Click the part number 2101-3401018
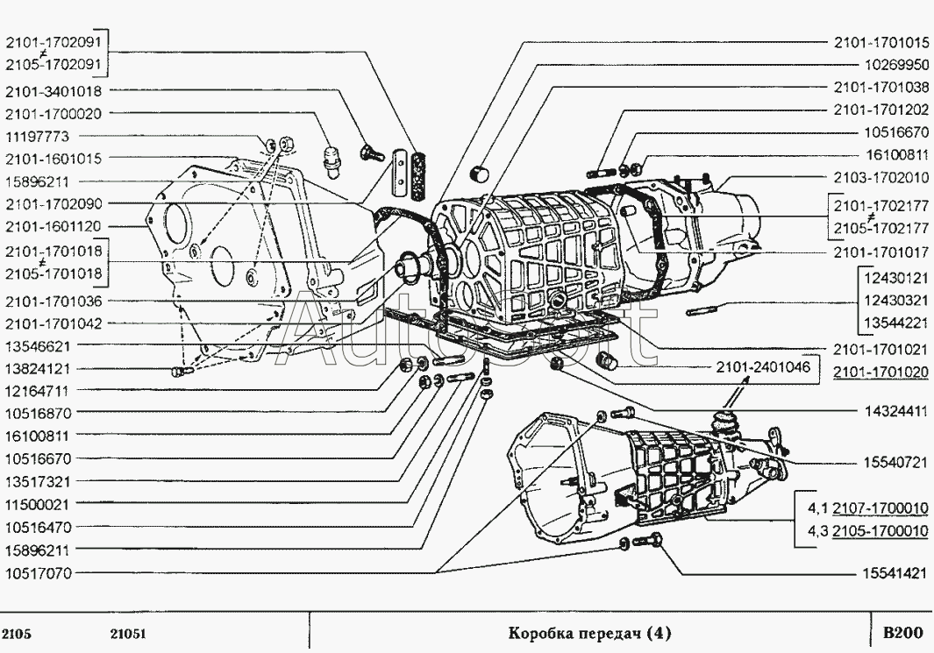pyautogui.click(x=53, y=90)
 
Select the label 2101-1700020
pyautogui.click(x=53, y=113)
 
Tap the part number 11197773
pyautogui.click(x=42, y=136)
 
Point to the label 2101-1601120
pyautogui.click(x=53, y=226)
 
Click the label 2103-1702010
pyautogui.click(x=880, y=177)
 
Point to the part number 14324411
pyautogui.click(x=894, y=410)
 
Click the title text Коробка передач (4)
pyautogui.click(x=590, y=632)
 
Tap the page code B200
pyautogui.click(x=902, y=632)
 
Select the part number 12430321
pyautogui.click(x=894, y=300)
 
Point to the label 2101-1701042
pyautogui.click(x=53, y=323)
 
